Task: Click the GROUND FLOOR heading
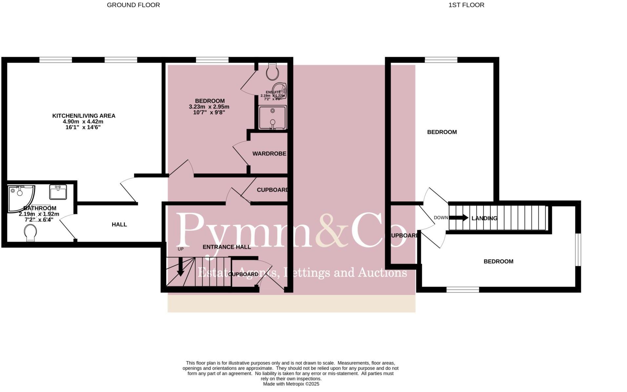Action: click(x=133, y=5)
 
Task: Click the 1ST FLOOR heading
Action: click(x=466, y=5)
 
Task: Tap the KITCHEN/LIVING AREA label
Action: click(x=84, y=116)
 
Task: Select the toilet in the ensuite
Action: click(x=272, y=71)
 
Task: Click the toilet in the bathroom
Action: click(x=30, y=233)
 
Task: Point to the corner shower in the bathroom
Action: click(x=20, y=197)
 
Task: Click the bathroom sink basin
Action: click(x=58, y=192)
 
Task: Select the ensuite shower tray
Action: click(x=272, y=118)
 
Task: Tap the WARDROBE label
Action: click(x=269, y=154)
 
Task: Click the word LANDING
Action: click(x=484, y=218)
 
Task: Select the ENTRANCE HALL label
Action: click(x=227, y=247)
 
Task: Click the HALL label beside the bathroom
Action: click(x=119, y=225)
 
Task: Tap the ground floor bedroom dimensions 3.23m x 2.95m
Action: click(x=209, y=107)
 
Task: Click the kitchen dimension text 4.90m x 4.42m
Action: click(x=83, y=121)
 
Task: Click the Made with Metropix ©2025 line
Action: click(x=291, y=384)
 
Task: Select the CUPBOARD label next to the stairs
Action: click(x=243, y=274)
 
